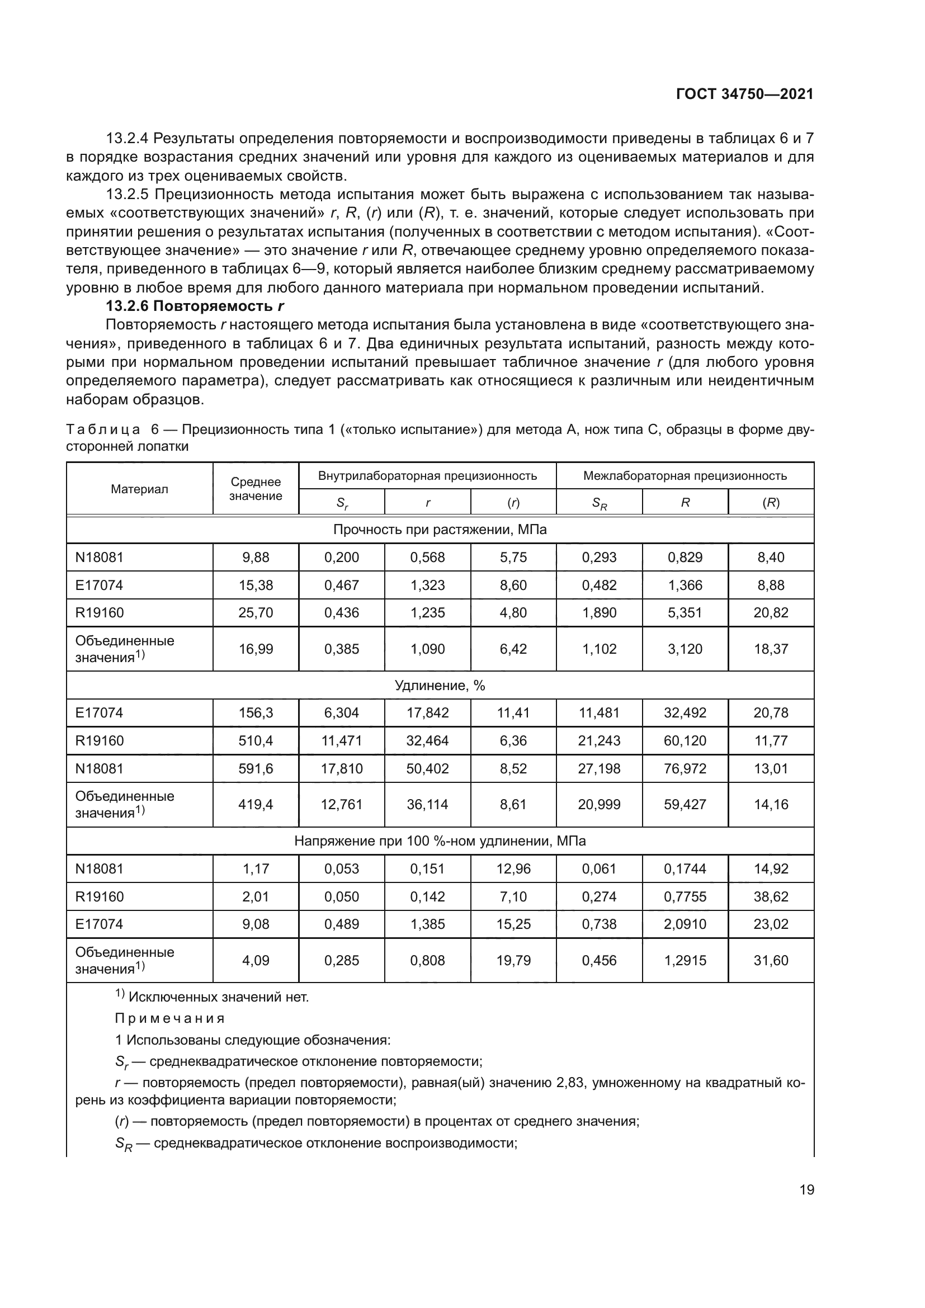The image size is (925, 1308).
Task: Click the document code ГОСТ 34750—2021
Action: [744, 95]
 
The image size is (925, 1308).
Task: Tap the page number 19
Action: [806, 1189]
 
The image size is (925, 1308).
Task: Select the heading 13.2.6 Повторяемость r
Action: [195, 306]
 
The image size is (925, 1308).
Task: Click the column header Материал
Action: [140, 489]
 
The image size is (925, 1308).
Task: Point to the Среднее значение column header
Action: [256, 489]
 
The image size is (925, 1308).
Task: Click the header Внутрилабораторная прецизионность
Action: [427, 476]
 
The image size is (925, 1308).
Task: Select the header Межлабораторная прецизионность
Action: [685, 476]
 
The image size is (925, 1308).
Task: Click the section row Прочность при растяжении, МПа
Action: [440, 530]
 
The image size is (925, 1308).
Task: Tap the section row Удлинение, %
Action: [440, 686]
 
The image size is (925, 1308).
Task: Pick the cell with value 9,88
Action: [256, 558]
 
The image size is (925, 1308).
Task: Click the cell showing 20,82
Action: [771, 613]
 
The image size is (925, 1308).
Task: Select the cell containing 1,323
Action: [427, 585]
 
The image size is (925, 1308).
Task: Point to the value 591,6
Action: [256, 769]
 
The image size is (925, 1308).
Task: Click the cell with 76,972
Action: [685, 769]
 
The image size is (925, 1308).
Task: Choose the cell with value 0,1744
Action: [685, 870]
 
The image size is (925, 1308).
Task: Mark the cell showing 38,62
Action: [771, 897]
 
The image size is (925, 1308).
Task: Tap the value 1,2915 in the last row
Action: [685, 961]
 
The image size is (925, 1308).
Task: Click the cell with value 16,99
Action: [256, 649]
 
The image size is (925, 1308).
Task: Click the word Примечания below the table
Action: [170, 1018]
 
